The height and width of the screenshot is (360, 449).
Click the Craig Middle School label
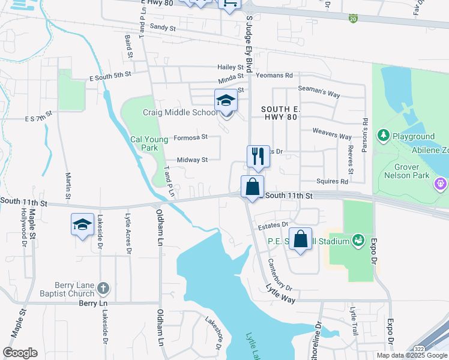tap(180, 112)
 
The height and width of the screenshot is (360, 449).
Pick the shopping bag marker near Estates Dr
tap(301, 239)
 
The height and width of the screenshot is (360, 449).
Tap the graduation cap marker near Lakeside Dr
tap(82, 224)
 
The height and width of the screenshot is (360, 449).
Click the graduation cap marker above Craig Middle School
tap(226, 100)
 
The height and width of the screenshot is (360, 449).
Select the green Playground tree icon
tap(382, 136)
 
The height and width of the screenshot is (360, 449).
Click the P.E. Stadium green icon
tap(358, 241)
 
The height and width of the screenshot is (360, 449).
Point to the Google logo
tap(20, 352)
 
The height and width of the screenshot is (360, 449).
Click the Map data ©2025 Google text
tap(412, 355)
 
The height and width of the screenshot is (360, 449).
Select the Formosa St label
tap(190, 137)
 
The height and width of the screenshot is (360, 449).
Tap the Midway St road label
tap(192, 160)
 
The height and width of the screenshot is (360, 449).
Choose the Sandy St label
tap(163, 28)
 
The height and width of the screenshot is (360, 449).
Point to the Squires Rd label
tap(333, 181)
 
